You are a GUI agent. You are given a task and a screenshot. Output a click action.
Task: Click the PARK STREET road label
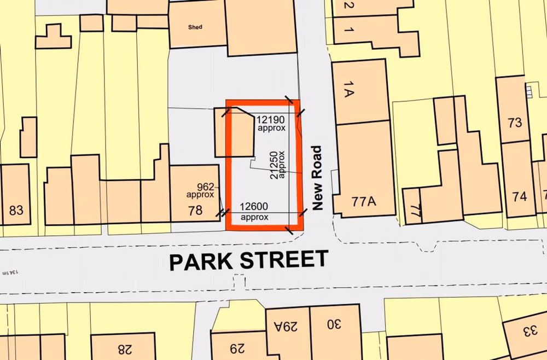pos(249,260)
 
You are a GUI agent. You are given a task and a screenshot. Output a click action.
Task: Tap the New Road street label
pos(316,178)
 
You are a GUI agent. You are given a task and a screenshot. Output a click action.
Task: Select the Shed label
pos(195,26)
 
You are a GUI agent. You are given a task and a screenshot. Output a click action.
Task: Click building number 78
pos(195,210)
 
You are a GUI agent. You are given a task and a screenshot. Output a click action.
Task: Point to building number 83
pos(16,210)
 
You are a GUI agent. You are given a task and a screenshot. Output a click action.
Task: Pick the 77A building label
pos(364,202)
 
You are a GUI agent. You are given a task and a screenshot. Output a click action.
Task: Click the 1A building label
pos(349,89)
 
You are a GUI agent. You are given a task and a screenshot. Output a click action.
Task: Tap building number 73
pos(515,123)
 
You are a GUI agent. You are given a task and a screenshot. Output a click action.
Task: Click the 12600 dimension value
pos(254,206)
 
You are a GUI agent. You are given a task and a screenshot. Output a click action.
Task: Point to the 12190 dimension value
pos(271,119)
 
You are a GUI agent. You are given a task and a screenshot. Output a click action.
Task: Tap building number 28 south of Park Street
pos(125,348)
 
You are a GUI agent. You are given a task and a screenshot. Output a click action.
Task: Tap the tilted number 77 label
pos(415,211)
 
